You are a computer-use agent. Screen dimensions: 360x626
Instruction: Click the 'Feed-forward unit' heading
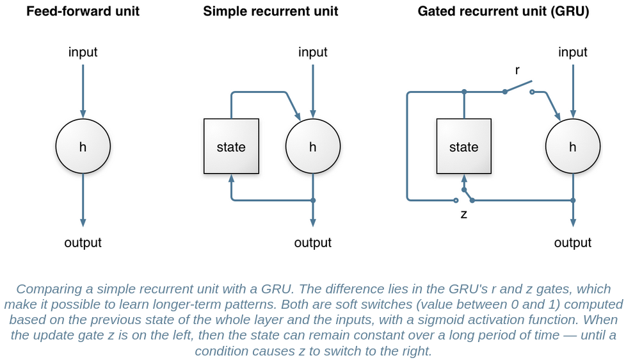coord(83,11)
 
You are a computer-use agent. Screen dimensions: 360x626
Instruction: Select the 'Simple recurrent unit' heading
coord(271,11)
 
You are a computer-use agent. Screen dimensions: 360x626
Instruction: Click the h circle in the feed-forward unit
coord(83,147)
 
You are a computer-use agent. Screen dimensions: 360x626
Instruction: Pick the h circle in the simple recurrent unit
coord(312,147)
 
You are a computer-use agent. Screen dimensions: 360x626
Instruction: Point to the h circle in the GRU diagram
coord(572,147)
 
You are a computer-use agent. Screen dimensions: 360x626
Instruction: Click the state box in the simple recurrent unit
coord(231,147)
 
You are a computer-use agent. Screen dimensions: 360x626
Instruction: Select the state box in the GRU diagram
coord(463,147)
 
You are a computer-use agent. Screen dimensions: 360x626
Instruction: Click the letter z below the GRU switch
coord(463,215)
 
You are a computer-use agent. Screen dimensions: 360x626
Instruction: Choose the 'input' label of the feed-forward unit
coord(83,52)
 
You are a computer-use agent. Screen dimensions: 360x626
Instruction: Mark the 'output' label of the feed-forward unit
coord(83,243)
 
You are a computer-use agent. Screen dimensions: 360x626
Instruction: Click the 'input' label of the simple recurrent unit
coord(312,52)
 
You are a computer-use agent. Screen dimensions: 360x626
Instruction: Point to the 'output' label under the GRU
coord(572,243)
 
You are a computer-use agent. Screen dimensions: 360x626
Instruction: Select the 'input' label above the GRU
coord(572,52)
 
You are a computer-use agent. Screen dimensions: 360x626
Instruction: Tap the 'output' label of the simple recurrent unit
coord(312,243)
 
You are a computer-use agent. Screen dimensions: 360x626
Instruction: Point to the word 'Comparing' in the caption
coord(47,289)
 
